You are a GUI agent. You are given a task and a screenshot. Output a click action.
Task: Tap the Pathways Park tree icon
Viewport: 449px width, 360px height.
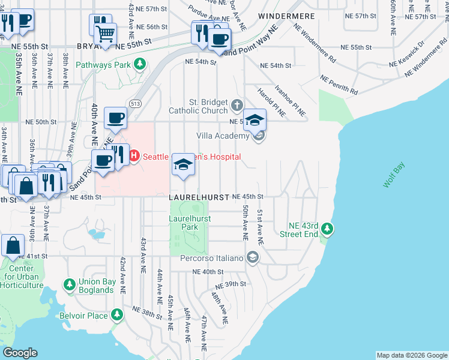[139, 63]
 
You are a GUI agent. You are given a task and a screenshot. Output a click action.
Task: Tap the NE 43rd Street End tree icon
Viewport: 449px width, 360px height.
[327, 229]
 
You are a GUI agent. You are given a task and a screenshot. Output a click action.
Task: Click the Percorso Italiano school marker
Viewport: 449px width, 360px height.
[253, 258]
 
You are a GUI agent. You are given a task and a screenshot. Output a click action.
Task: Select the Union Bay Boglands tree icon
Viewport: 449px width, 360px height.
[70, 283]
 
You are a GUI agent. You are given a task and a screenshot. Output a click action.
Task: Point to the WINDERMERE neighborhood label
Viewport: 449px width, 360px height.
[279, 14]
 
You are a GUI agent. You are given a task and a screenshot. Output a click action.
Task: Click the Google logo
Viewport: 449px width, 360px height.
[20, 353]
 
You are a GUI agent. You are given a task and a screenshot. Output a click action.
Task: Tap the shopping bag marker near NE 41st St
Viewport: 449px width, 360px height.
[13, 245]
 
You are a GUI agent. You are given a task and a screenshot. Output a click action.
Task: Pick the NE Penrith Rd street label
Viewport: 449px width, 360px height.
[339, 85]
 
